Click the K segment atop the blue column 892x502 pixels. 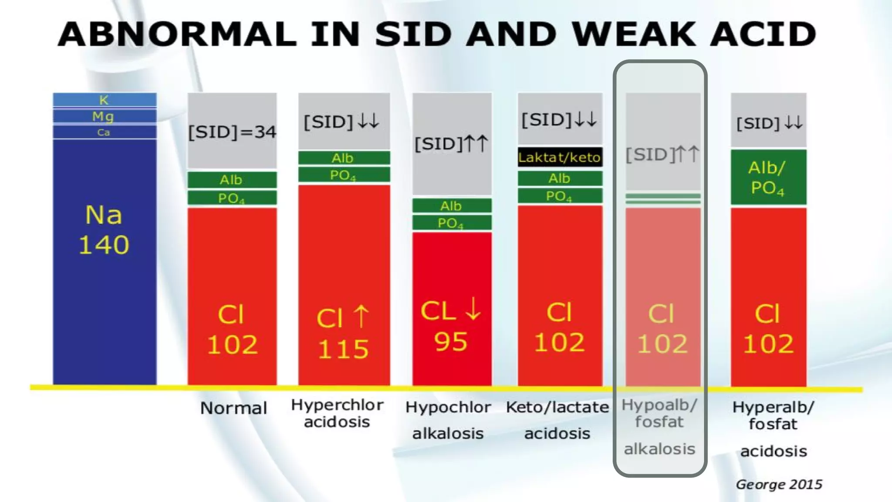(104, 100)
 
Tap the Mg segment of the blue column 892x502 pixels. (104, 116)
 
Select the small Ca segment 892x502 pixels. (104, 132)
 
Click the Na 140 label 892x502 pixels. (104, 230)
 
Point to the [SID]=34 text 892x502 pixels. (232, 132)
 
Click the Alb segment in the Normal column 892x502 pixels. (231, 180)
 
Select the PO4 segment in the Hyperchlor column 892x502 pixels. (343, 175)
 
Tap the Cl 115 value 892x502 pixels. (343, 349)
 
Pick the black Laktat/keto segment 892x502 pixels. (560, 157)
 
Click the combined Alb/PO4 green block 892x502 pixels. (768, 177)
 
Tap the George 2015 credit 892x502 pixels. (779, 484)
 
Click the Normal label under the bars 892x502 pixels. (233, 408)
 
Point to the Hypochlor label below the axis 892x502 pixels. (448, 407)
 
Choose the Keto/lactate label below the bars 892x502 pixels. (557, 407)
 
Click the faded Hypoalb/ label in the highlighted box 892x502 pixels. (659, 405)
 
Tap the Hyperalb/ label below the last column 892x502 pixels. (773, 407)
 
